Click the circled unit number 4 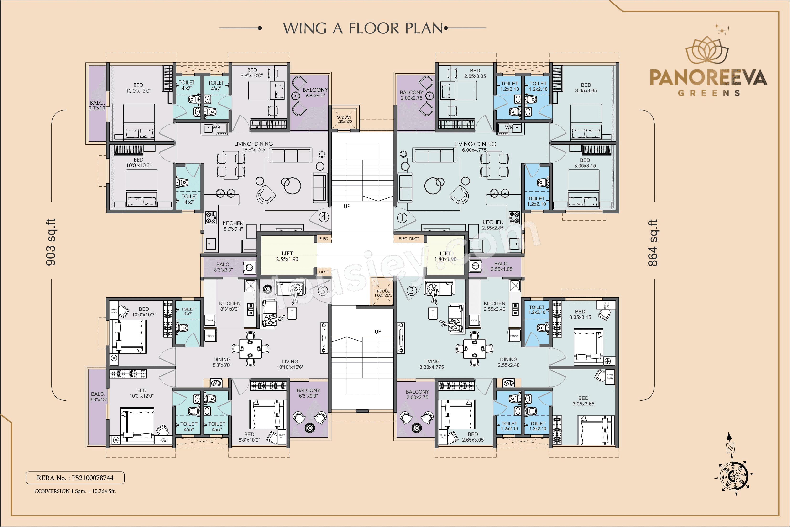click(x=323, y=217)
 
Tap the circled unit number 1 click(x=402, y=218)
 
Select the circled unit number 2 click(x=412, y=290)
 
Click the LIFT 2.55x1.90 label click(x=287, y=256)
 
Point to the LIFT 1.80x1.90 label click(x=445, y=256)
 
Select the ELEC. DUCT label click(x=408, y=239)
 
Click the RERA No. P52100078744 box click(x=75, y=478)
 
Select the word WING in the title click(x=304, y=29)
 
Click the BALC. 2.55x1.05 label click(x=501, y=266)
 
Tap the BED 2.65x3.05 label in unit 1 click(x=475, y=73)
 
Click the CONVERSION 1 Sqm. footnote click(x=75, y=491)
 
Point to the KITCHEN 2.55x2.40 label click(x=494, y=306)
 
